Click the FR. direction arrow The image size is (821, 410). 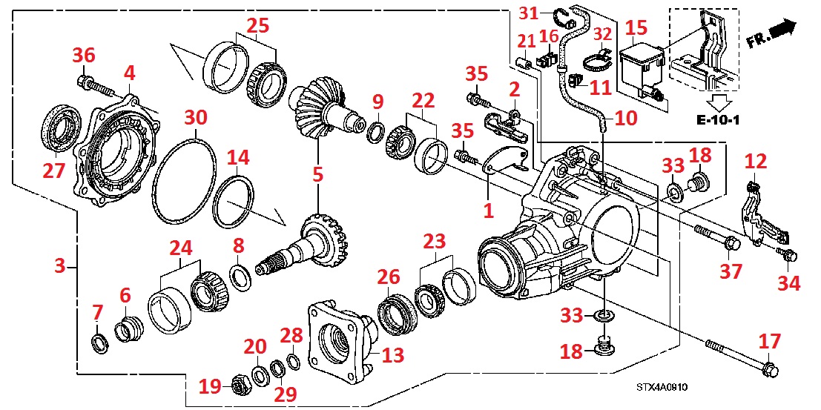click(781, 30)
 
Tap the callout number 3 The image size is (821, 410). click(61, 265)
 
